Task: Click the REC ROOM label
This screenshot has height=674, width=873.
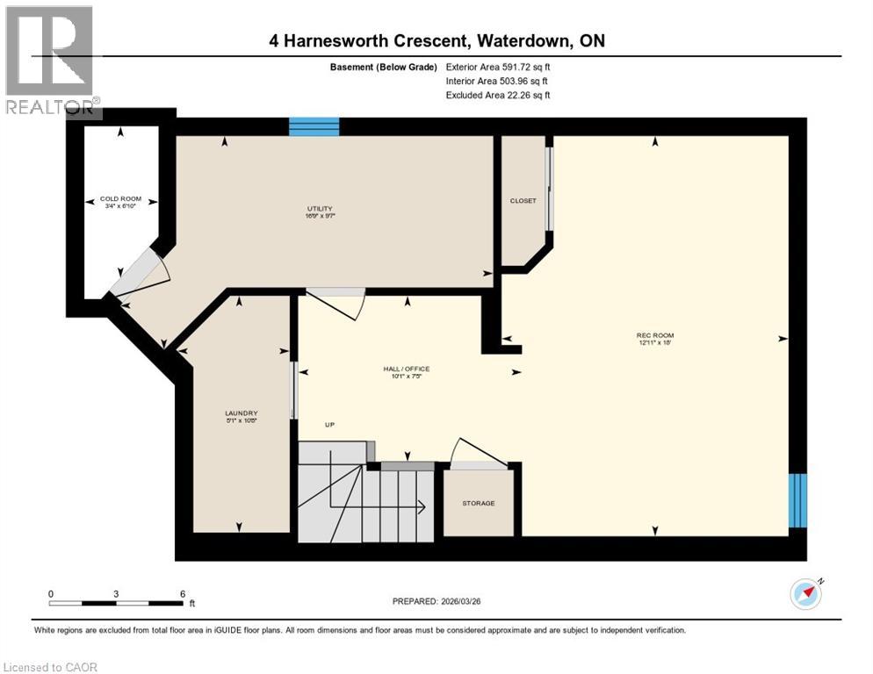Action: coord(655,335)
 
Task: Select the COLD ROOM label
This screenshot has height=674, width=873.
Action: coord(120,198)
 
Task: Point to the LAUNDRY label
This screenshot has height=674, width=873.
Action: coord(240,412)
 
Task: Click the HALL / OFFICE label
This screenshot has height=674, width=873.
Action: coord(405,369)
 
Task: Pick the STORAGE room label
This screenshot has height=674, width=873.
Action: coord(479,503)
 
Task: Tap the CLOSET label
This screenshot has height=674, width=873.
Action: coord(523,200)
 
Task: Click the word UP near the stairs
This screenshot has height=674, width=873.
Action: coord(330,425)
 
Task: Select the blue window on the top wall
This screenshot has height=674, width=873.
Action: coord(314,127)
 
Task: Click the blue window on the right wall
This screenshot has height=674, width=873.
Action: coord(797,500)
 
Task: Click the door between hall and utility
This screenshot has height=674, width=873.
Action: coord(336,303)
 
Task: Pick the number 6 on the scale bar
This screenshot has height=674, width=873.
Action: coord(182,593)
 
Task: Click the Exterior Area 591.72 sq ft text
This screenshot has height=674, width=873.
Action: coord(498,67)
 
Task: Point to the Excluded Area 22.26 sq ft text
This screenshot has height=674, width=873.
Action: coord(498,95)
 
